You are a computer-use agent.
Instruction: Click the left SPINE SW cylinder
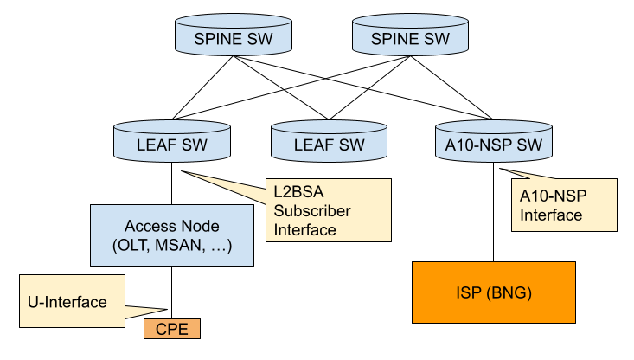click(x=234, y=39)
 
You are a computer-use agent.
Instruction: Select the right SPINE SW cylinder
click(x=410, y=39)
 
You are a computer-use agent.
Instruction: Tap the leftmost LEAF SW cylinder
click(x=172, y=145)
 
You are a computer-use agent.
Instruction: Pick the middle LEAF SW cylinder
click(x=329, y=145)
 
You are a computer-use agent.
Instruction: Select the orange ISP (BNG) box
click(x=493, y=293)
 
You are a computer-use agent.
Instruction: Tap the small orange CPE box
click(x=172, y=329)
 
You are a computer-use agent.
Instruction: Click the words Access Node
click(x=172, y=226)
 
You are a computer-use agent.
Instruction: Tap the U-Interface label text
click(x=67, y=302)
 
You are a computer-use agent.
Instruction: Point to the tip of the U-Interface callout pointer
click(x=165, y=311)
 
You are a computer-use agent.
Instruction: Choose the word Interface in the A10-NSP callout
click(x=551, y=215)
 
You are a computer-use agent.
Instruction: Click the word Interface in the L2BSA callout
click(x=304, y=230)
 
